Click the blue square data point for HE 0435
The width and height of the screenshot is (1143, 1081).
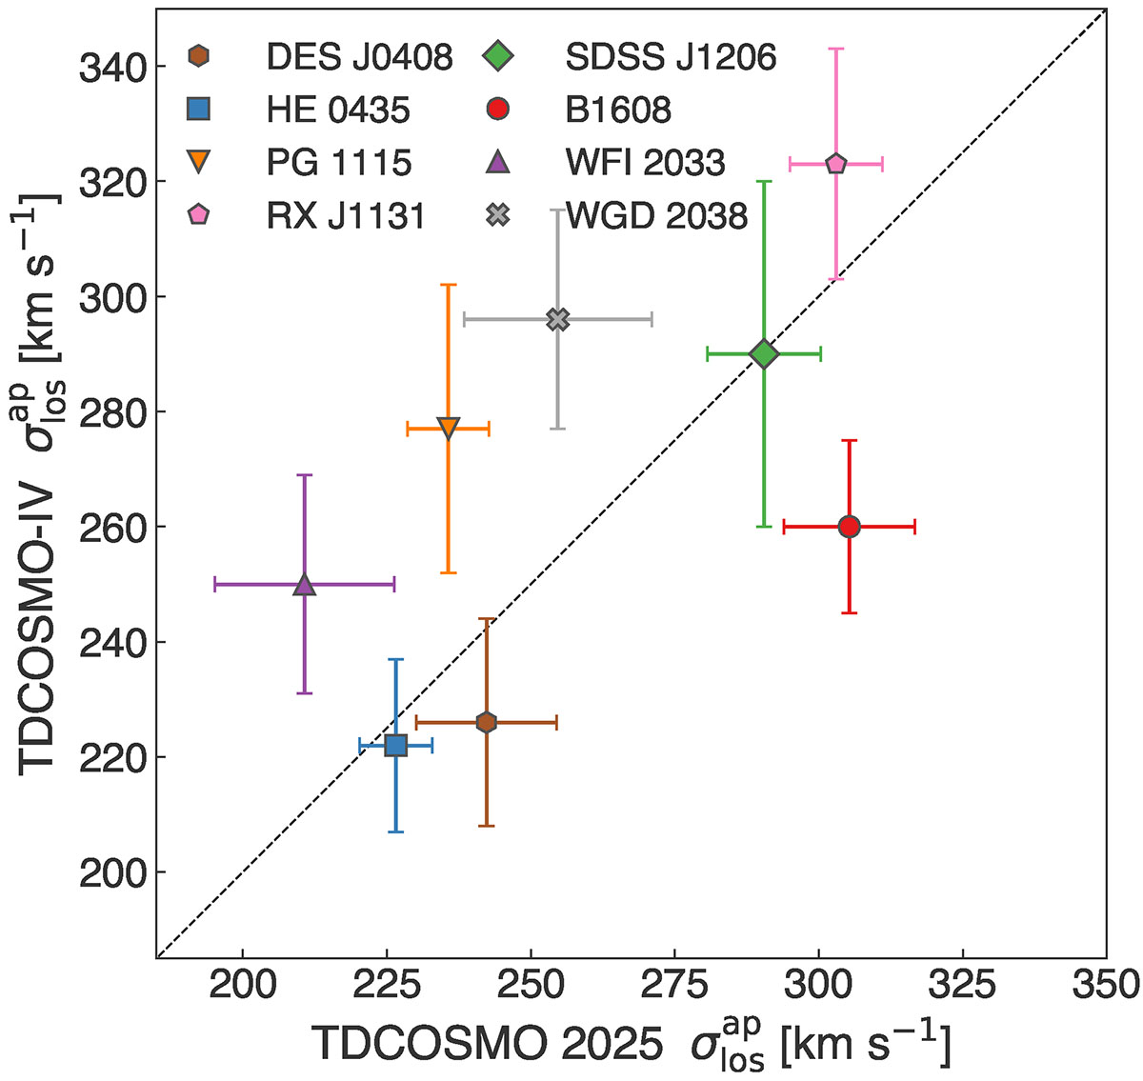[x=395, y=745]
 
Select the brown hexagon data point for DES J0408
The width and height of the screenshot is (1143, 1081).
[x=486, y=723]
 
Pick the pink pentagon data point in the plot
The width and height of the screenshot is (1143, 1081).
[x=836, y=164]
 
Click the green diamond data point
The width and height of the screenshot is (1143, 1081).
[x=763, y=354]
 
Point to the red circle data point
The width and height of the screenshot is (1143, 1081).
[x=850, y=526]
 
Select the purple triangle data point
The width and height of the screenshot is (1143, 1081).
[x=305, y=585]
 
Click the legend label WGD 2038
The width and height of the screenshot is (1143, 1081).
[x=657, y=216]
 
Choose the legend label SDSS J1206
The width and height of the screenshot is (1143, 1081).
[x=672, y=58]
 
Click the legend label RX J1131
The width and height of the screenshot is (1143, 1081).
[x=346, y=216]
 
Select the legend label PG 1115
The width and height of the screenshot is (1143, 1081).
[x=339, y=163]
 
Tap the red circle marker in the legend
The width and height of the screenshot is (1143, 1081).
[x=497, y=110]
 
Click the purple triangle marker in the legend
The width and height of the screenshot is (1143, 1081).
[x=497, y=163]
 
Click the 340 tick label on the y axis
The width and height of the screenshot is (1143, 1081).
[x=108, y=67]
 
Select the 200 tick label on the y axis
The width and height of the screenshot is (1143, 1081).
[x=108, y=872]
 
